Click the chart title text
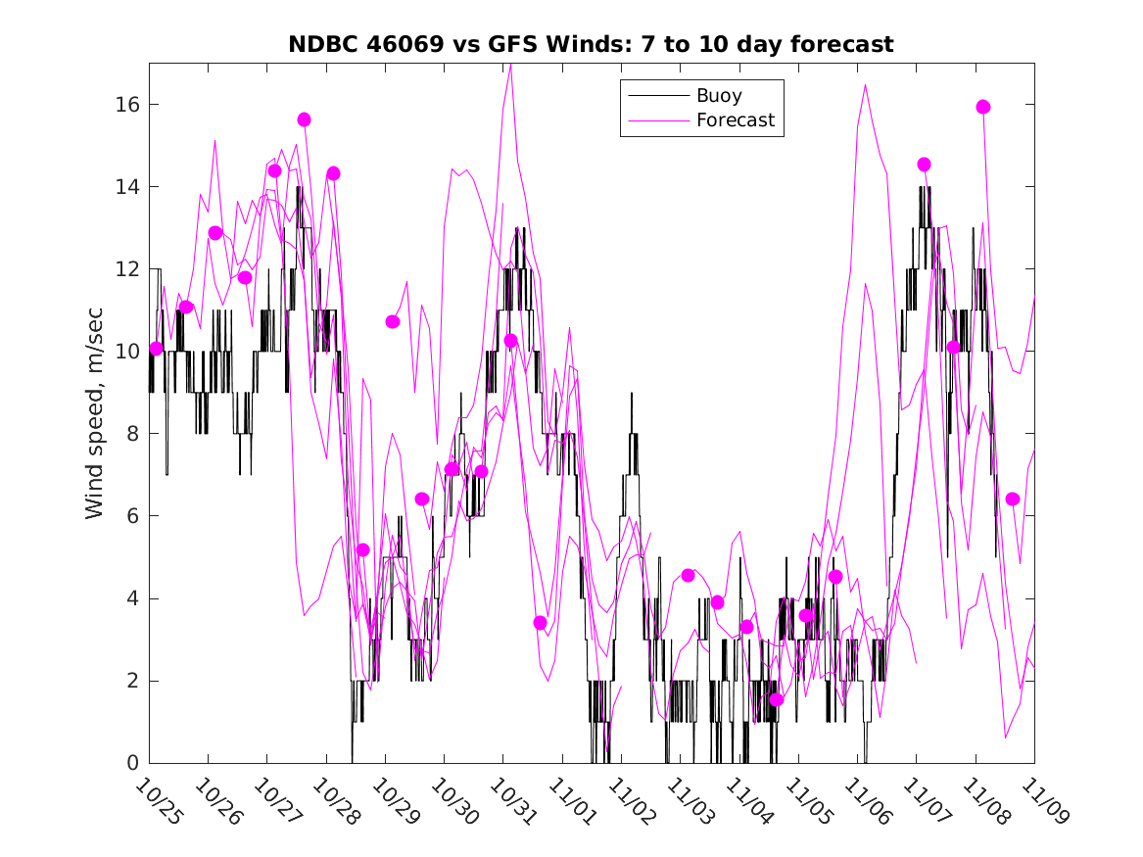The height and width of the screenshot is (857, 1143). [591, 44]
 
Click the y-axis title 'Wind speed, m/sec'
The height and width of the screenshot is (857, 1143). [94, 412]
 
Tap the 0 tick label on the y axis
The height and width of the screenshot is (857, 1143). [131, 763]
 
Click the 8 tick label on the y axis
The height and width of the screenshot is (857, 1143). [131, 434]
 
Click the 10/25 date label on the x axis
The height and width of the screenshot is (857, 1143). [159, 802]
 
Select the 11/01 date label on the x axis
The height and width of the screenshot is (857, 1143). [571, 802]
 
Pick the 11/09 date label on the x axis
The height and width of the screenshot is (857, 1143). [1043, 802]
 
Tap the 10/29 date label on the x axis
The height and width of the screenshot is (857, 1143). [394, 802]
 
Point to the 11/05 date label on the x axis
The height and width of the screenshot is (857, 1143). [807, 802]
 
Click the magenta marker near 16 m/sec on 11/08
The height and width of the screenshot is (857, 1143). [983, 107]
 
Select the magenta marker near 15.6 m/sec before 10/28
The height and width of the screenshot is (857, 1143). [304, 119]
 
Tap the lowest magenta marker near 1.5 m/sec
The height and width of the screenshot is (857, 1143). [776, 699]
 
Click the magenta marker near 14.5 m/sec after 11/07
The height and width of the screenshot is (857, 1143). [924, 165]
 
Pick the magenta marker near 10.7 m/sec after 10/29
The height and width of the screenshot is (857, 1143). [393, 321]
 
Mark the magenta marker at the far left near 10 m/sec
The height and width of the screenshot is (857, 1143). [156, 349]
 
